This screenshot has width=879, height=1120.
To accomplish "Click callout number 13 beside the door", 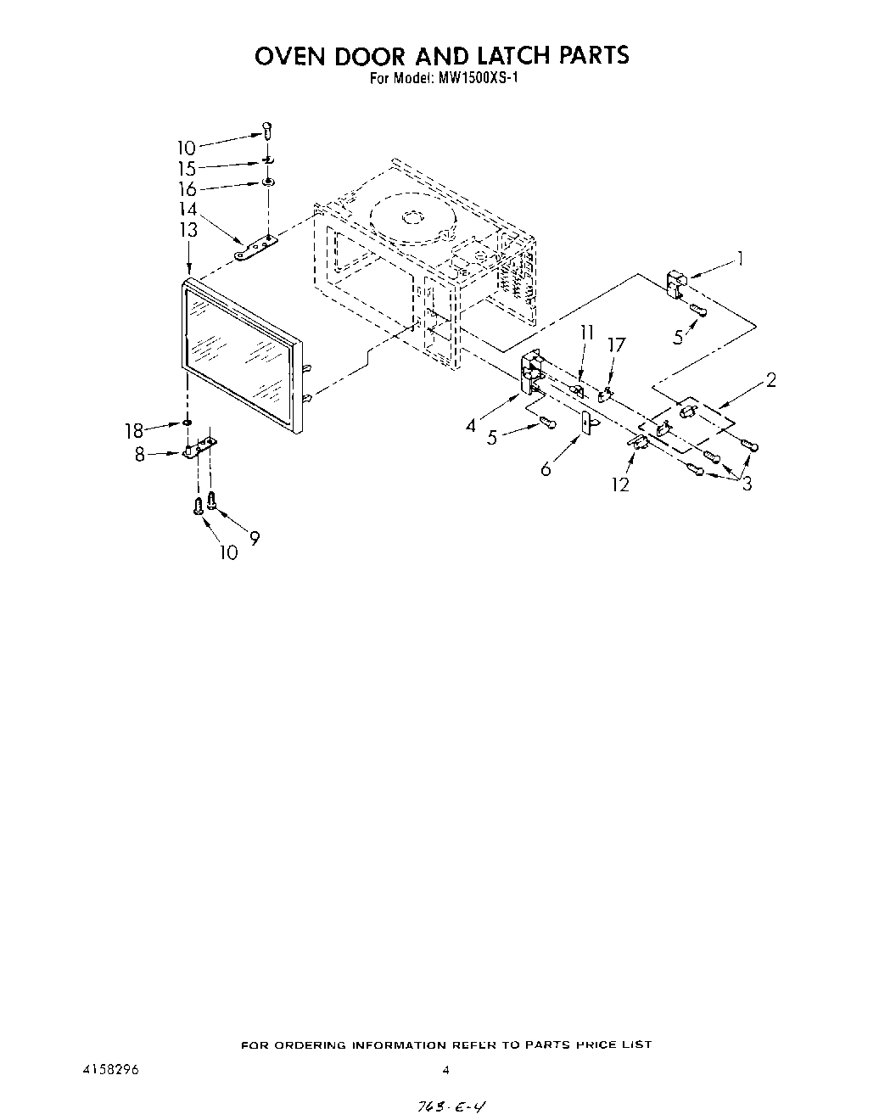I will tap(188, 229).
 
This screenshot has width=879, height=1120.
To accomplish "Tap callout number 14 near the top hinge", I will tap(188, 209).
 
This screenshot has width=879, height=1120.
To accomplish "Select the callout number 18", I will tap(134, 431).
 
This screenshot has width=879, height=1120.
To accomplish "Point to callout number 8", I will tap(140, 454).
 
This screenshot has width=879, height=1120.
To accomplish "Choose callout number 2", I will tap(770, 380).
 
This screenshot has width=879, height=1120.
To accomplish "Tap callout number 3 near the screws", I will tap(747, 484).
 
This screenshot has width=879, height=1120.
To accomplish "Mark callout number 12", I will tap(621, 484).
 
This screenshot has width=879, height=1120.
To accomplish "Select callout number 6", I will tap(546, 468).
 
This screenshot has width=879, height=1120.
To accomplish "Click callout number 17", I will tap(617, 345).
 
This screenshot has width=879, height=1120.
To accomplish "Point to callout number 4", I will tap(471, 426).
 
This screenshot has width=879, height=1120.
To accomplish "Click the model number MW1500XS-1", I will tap(472, 80).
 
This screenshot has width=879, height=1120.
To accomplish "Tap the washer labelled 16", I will tap(267, 182).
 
